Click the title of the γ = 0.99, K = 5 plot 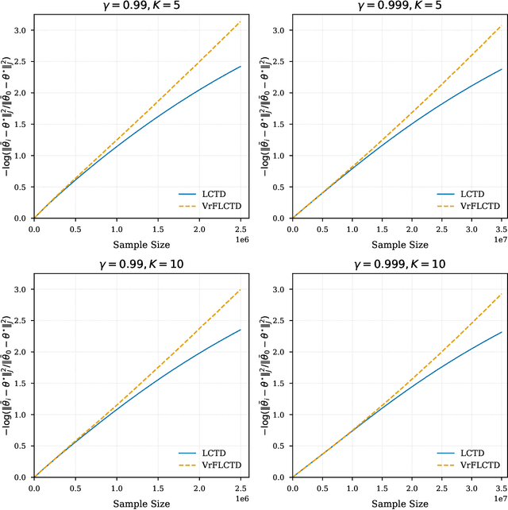coord(141,6)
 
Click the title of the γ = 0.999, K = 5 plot coord(400,6)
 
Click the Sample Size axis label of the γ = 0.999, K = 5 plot coord(400,244)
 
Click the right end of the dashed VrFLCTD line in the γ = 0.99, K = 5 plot coord(241,21)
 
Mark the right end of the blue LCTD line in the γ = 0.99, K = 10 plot coord(241,330)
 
